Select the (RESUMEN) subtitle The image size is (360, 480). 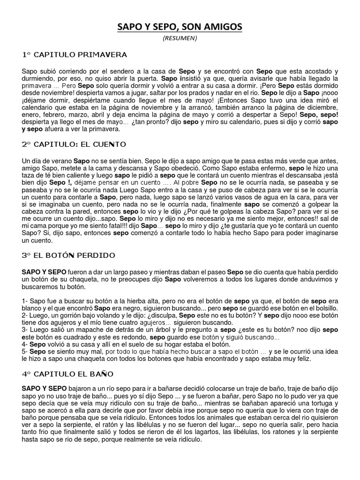tap(180, 38)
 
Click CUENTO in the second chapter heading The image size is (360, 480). tap(109, 144)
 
